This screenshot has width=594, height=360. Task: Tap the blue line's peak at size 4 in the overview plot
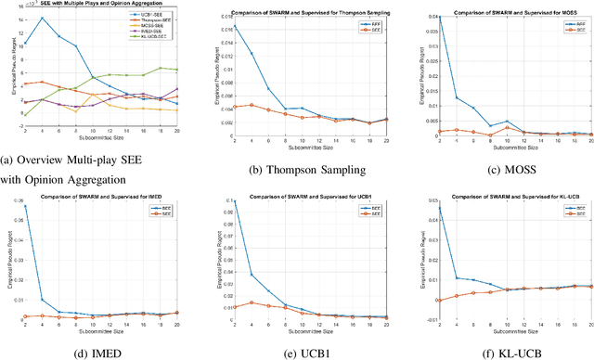point(41,19)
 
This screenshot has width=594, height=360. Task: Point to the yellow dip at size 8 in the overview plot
point(76,111)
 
